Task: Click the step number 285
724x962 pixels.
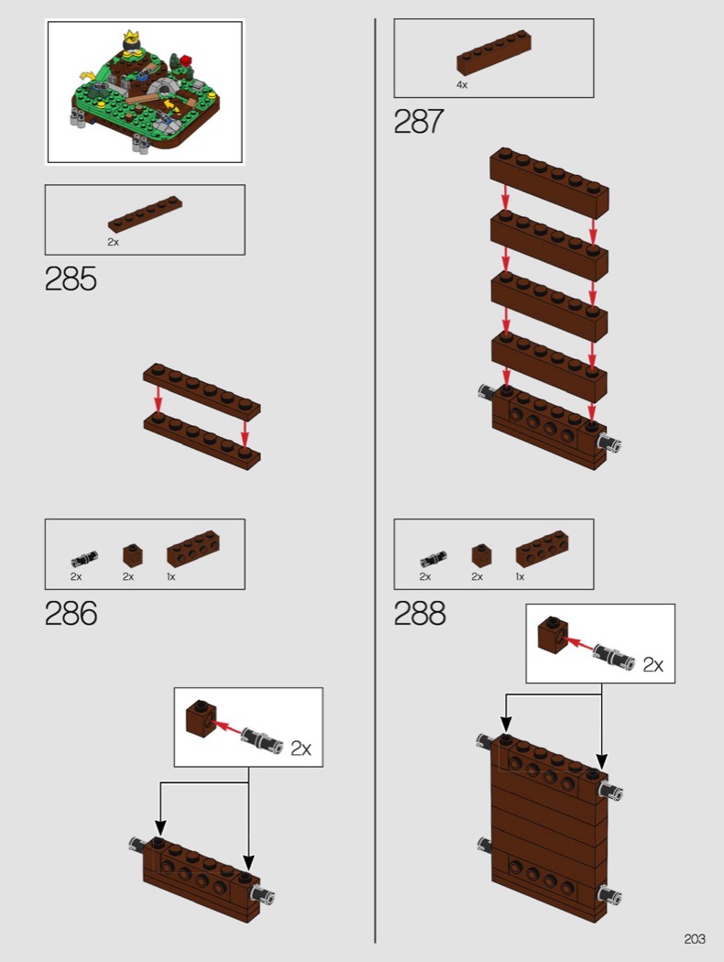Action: (71, 279)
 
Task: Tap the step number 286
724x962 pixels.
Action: (71, 614)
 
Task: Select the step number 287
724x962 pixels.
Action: (418, 121)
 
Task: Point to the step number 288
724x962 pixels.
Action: (420, 614)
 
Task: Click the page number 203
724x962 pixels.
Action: (695, 939)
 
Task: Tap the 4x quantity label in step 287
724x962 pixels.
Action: (461, 85)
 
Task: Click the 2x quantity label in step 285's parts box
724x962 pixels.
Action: (113, 243)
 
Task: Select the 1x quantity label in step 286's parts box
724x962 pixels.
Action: (170, 576)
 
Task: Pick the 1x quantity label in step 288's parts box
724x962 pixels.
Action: (520, 576)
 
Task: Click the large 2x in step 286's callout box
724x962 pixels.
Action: (301, 748)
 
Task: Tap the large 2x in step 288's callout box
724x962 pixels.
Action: (653, 664)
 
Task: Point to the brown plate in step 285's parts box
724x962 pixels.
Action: (146, 214)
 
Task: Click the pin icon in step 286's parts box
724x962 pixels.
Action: (84, 559)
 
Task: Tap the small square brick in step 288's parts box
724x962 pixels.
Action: (481, 555)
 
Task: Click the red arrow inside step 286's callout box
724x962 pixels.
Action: (227, 727)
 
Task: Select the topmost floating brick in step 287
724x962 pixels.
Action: (549, 183)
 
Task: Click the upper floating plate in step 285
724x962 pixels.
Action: (202, 391)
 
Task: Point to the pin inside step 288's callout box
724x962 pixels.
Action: (613, 655)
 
